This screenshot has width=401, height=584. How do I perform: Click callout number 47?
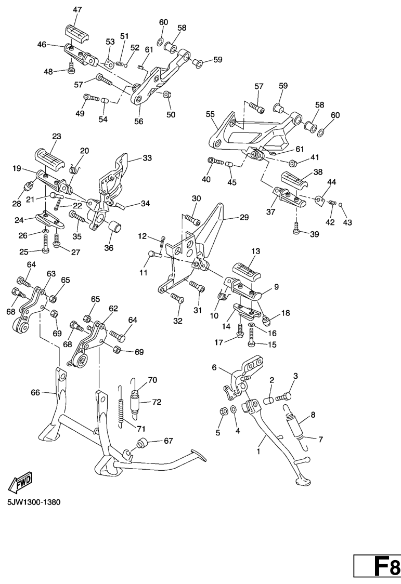click(77, 9)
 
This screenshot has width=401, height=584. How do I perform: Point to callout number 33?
click(147, 158)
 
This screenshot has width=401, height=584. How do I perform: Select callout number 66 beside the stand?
click(35, 393)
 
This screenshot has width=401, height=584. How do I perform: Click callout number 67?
click(168, 441)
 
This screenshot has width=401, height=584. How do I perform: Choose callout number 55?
click(210, 113)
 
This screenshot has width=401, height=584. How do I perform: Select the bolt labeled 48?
click(71, 68)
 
